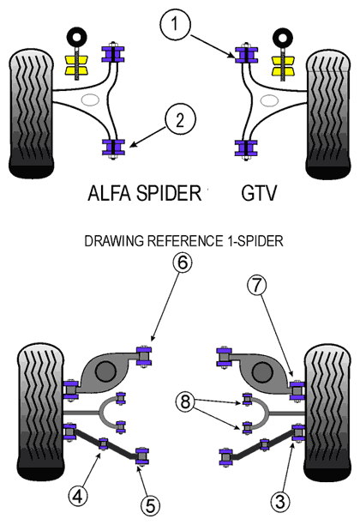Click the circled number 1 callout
tap(175, 24)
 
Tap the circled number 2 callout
tap(180, 119)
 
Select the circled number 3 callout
tap(279, 501)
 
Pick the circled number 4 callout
tap(78, 496)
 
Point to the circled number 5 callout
tap(150, 505)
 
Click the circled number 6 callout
tap(183, 262)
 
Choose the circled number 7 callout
tap(256, 286)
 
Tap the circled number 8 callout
tap(185, 401)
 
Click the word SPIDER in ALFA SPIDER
tap(169, 192)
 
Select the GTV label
tap(259, 192)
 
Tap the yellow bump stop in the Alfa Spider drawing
tap(75, 65)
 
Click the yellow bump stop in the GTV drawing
tap(283, 65)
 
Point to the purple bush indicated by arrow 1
tap(246, 55)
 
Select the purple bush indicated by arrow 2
tap(113, 148)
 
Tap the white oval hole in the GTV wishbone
tap(269, 100)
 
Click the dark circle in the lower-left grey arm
tap(105, 371)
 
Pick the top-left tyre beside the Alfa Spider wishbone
tap(31, 113)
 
